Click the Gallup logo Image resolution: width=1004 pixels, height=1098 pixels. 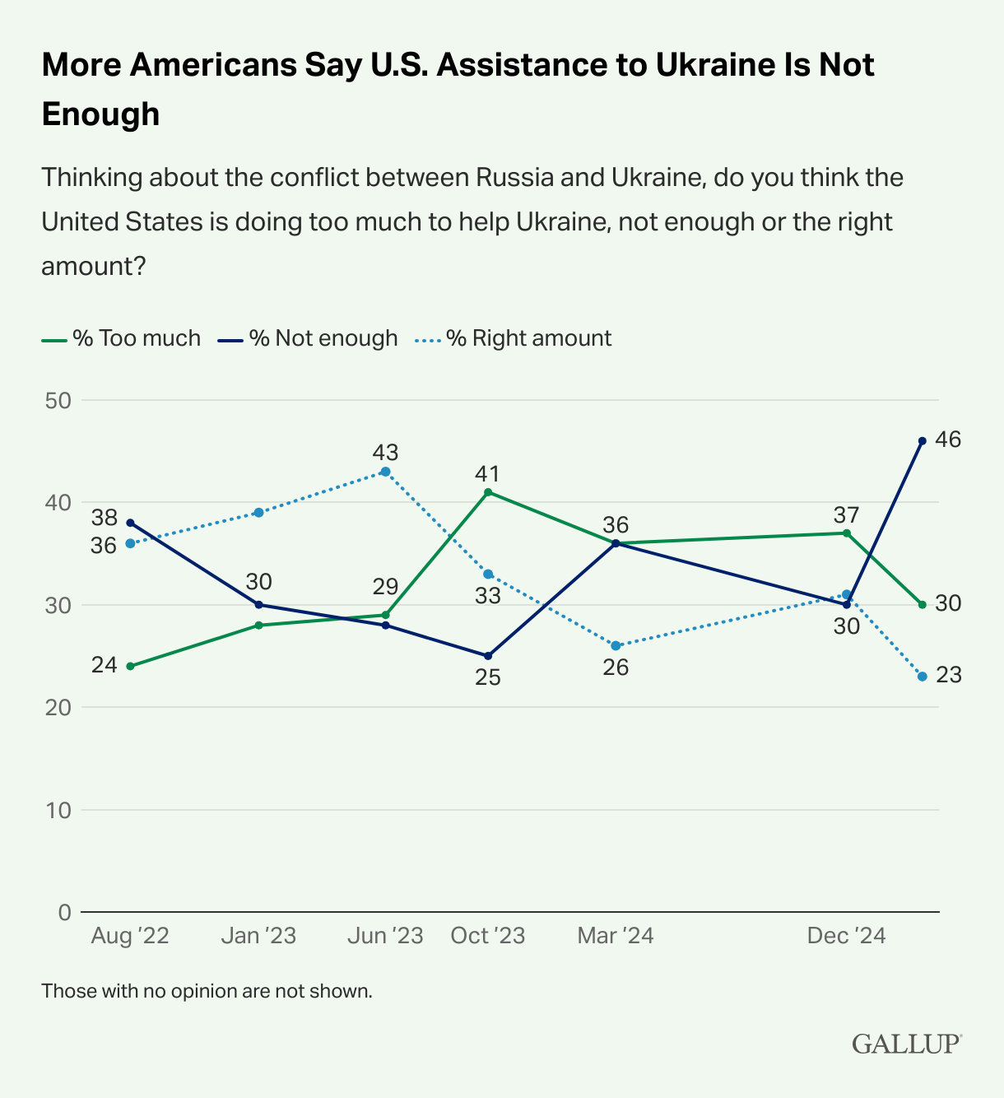pyautogui.click(x=906, y=1043)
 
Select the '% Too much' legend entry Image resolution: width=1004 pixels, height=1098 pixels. pyautogui.click(x=121, y=338)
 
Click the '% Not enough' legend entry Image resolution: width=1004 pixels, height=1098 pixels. pyautogui.click(x=308, y=338)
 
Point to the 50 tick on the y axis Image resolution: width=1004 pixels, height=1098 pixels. pyautogui.click(x=59, y=401)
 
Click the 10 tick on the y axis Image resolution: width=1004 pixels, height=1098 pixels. pyautogui.click(x=59, y=810)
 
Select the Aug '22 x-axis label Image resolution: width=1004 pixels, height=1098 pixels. pyautogui.click(x=130, y=936)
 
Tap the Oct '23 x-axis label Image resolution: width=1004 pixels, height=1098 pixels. pyautogui.click(x=487, y=936)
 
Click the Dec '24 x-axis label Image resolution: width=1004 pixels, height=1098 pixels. pyautogui.click(x=846, y=936)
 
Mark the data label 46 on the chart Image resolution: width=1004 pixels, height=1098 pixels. pyautogui.click(x=948, y=440)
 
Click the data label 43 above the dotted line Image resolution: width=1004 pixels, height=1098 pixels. pyautogui.click(x=385, y=452)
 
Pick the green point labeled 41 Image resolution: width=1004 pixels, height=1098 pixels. pyautogui.click(x=488, y=492)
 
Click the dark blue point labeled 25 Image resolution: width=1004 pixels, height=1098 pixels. pyautogui.click(x=488, y=656)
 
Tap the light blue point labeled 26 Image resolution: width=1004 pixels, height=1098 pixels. pyautogui.click(x=616, y=645)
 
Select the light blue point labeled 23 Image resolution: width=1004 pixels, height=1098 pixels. pyautogui.click(x=922, y=677)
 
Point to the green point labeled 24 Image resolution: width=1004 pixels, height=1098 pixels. pyautogui.click(x=130, y=666)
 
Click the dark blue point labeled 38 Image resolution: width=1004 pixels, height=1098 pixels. pyautogui.click(x=130, y=523)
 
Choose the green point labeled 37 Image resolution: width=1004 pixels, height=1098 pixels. pyautogui.click(x=846, y=533)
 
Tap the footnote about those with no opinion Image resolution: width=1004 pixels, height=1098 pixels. pyautogui.click(x=207, y=990)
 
